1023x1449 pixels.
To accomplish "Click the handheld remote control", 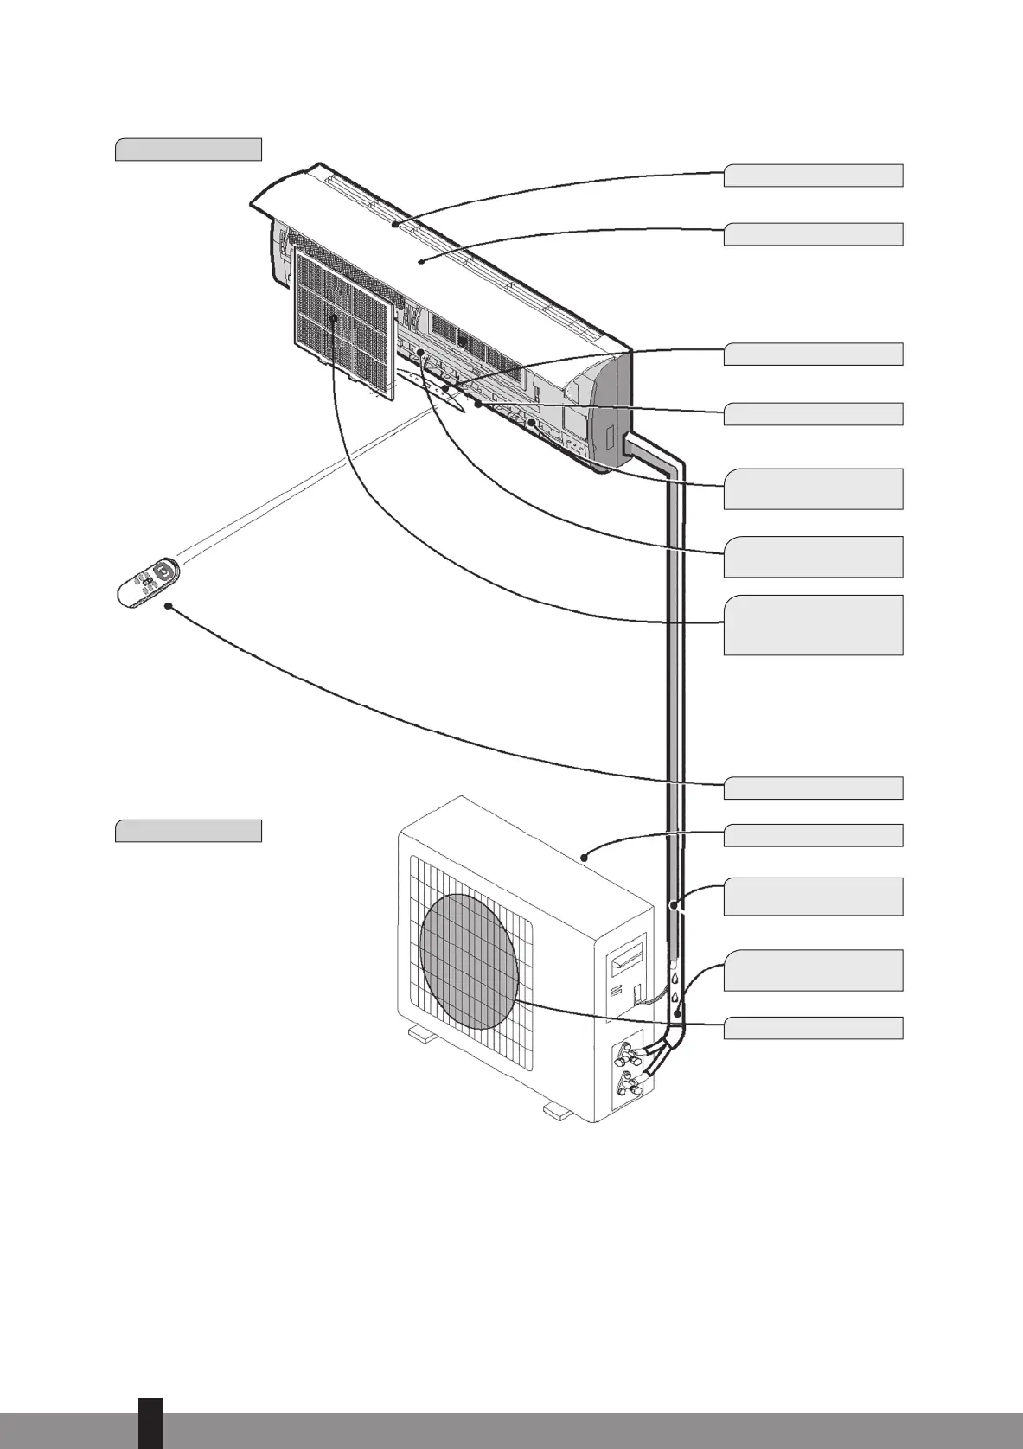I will click(148, 584).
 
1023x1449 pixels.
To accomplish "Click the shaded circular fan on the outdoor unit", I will click(468, 960).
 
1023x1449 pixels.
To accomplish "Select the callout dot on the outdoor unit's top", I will click(585, 858).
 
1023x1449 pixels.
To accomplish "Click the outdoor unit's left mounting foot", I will click(422, 1034).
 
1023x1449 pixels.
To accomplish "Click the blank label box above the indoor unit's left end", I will click(189, 149).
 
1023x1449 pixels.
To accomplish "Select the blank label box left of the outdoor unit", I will click(189, 831).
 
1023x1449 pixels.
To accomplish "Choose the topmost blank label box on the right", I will click(813, 176).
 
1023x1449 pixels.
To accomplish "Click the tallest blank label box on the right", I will click(813, 625).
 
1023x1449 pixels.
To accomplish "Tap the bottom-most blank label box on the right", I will click(813, 1028).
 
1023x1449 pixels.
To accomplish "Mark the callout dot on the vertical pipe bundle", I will click(672, 905).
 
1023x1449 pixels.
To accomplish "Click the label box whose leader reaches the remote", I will click(813, 788).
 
